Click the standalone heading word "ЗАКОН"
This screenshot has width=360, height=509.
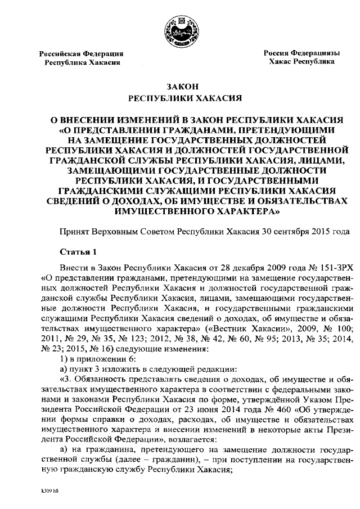[x=179, y=87]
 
